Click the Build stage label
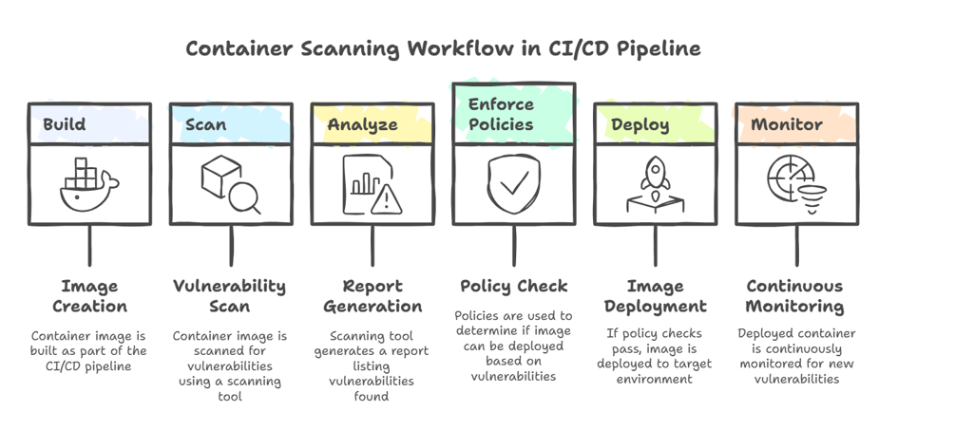click(65, 124)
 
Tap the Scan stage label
click(206, 124)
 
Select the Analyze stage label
click(362, 124)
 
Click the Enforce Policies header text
click(501, 114)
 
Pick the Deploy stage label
click(640, 124)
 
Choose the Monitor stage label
click(787, 124)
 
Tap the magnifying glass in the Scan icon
click(246, 196)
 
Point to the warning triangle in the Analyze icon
click(386, 199)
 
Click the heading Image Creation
click(89, 296)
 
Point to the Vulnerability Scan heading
click(229, 296)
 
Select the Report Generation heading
click(372, 296)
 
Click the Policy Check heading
click(513, 286)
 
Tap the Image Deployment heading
click(655, 296)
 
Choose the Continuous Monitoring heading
click(795, 296)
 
